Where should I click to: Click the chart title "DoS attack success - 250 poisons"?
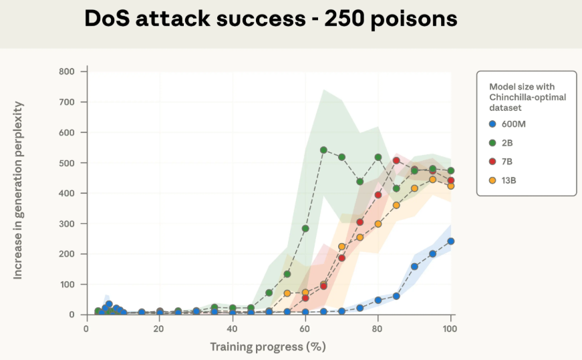pos(271,19)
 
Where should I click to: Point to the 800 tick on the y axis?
pos(68,71)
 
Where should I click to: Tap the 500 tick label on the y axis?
pos(68,163)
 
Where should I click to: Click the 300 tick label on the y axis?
pos(68,224)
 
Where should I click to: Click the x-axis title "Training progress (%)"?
pos(267,347)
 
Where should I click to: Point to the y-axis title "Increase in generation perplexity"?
pos(18,190)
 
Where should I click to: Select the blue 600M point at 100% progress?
pos(450,241)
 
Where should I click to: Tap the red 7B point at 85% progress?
pos(396,160)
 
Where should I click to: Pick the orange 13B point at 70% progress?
pos(341,246)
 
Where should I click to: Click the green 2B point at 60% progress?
pos(305,228)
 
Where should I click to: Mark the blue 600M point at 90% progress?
pos(414,266)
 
